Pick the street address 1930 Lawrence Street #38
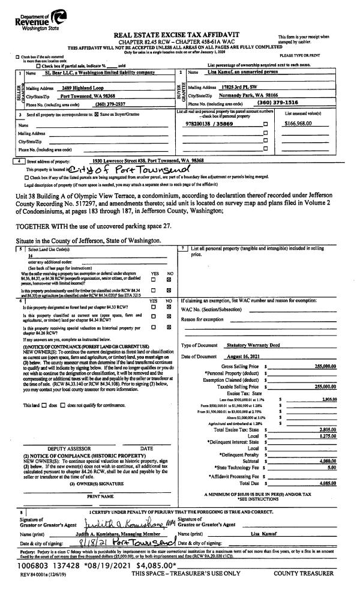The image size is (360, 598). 148,160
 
